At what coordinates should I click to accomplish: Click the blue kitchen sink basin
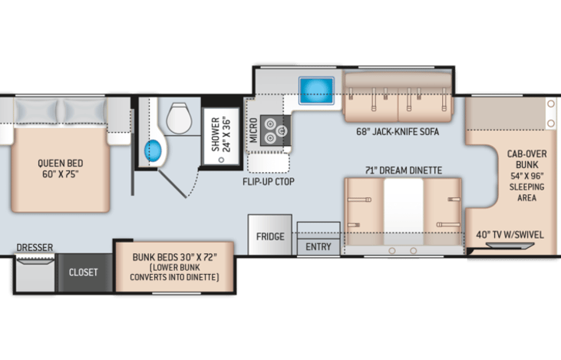pyautogui.click(x=316, y=91)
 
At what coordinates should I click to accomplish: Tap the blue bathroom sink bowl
pyautogui.click(x=153, y=150)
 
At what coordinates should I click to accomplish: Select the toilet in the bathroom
pyautogui.click(x=180, y=117)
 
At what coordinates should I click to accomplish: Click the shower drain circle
pyautogui.click(x=221, y=160)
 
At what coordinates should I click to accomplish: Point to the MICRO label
pyautogui.click(x=253, y=130)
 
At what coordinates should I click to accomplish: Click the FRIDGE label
pyautogui.click(x=270, y=236)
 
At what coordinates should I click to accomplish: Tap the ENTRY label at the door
pyautogui.click(x=318, y=246)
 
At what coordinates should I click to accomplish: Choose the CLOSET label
pyautogui.click(x=84, y=272)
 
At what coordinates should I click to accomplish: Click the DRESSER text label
pyautogui.click(x=35, y=247)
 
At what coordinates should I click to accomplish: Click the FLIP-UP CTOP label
pyautogui.click(x=269, y=182)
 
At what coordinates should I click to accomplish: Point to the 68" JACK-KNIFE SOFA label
pyautogui.click(x=398, y=132)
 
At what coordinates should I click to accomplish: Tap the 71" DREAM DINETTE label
pyautogui.click(x=404, y=170)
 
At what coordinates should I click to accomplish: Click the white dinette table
pyautogui.click(x=403, y=211)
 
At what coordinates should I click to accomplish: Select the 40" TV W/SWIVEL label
pyautogui.click(x=510, y=235)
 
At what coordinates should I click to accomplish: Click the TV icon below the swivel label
pyautogui.click(x=510, y=246)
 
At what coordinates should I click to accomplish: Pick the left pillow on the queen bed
pyautogui.click(x=36, y=111)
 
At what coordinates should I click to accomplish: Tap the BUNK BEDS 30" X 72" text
pyautogui.click(x=175, y=257)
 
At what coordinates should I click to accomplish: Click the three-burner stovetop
pyautogui.click(x=276, y=130)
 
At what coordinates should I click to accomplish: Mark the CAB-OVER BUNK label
pyautogui.click(x=527, y=159)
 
